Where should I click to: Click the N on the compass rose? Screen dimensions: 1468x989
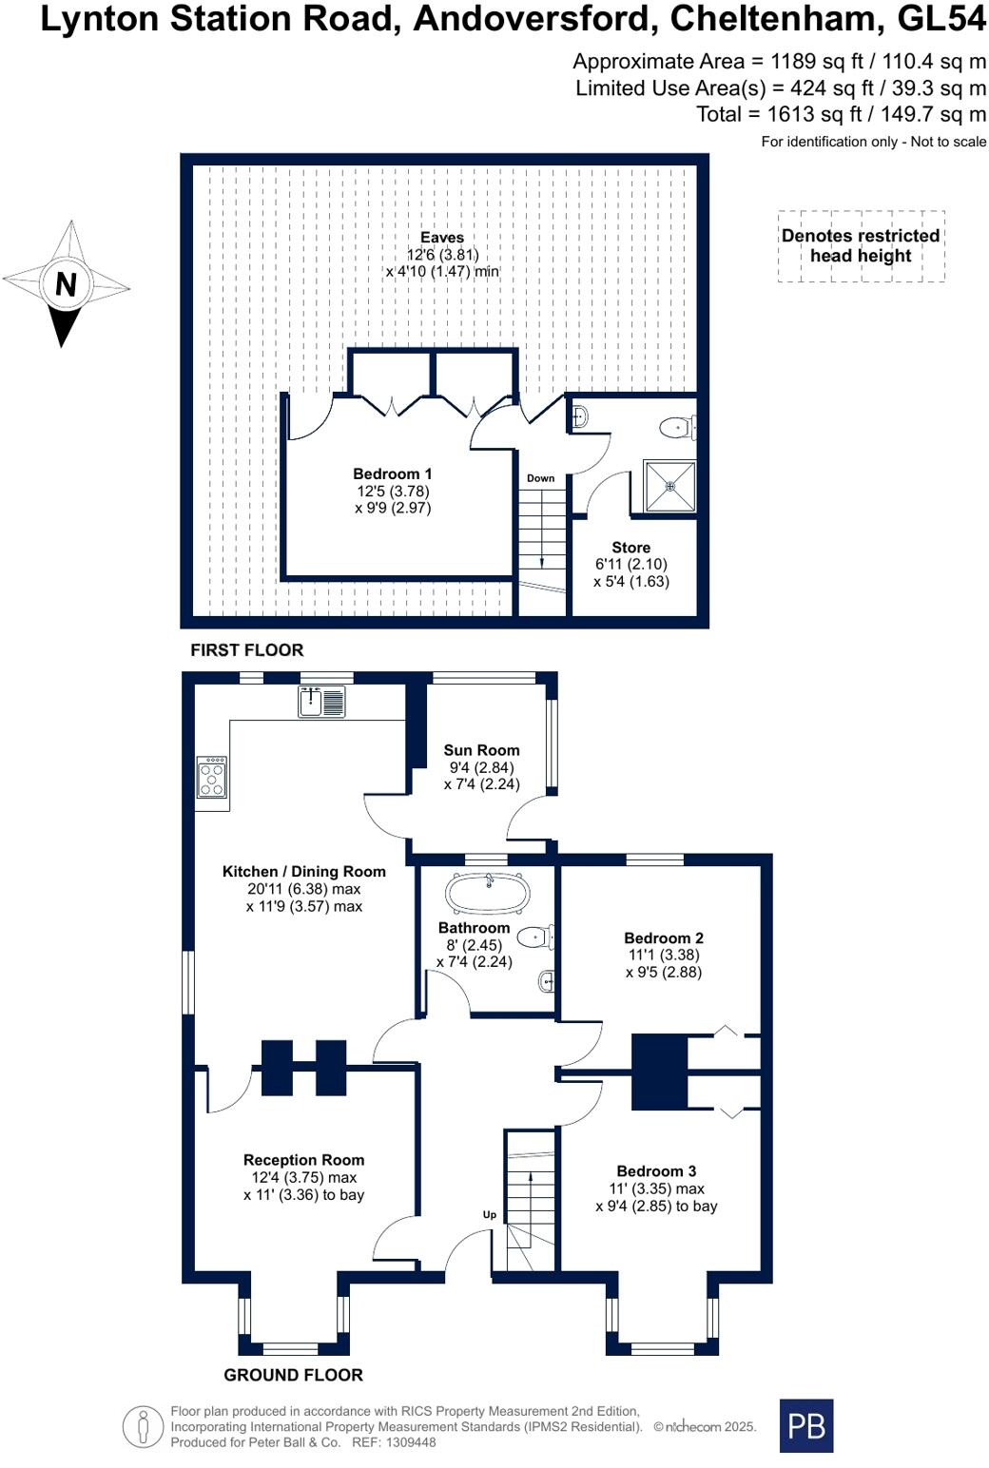(x=66, y=284)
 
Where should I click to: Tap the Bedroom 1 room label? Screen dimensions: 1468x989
(x=393, y=474)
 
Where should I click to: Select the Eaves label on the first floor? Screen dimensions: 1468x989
(x=442, y=238)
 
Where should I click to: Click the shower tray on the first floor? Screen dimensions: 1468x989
(x=669, y=486)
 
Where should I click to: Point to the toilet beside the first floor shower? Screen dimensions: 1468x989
(x=677, y=428)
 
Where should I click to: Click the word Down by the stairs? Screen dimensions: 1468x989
(x=540, y=478)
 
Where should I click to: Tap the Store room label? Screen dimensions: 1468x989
(x=630, y=548)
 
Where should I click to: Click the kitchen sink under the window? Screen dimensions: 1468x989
(x=321, y=702)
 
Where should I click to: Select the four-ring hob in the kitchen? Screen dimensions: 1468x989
(x=212, y=776)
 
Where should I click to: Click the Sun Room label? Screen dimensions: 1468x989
(x=481, y=750)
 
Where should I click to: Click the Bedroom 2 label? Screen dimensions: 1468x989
(x=664, y=937)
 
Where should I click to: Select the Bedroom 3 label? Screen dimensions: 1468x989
(x=656, y=1171)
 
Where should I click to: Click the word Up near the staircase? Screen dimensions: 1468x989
(x=490, y=1214)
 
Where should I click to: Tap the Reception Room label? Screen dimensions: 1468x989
(x=303, y=1160)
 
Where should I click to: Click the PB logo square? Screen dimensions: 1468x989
(x=805, y=1425)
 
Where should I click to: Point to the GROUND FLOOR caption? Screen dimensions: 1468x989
(x=293, y=1375)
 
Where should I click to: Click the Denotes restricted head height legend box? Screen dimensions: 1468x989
(x=861, y=246)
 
